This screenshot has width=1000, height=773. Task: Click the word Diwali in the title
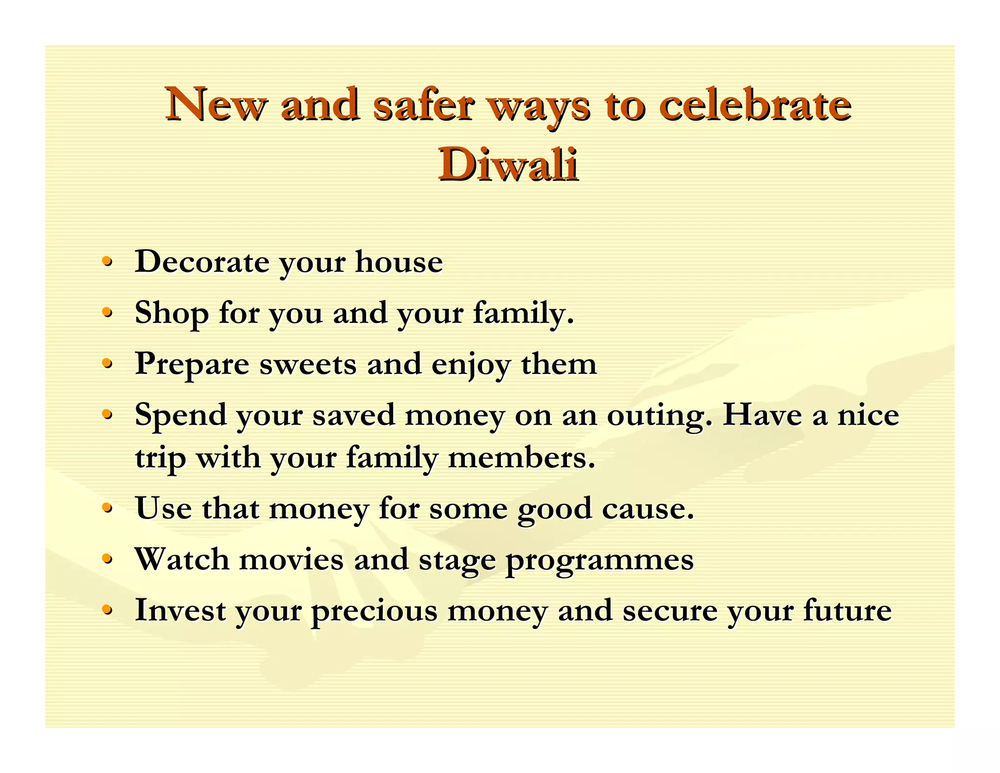[508, 165]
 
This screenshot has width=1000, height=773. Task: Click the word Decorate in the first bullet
[202, 261]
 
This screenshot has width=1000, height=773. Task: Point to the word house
[399, 261]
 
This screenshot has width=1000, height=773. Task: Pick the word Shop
[171, 313]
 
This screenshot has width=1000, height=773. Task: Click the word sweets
[308, 364]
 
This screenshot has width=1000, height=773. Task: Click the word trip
[161, 459]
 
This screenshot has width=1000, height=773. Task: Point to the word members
[521, 458]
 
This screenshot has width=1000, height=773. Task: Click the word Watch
[182, 559]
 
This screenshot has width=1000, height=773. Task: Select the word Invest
[180, 610]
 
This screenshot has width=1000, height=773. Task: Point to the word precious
[374, 611]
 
